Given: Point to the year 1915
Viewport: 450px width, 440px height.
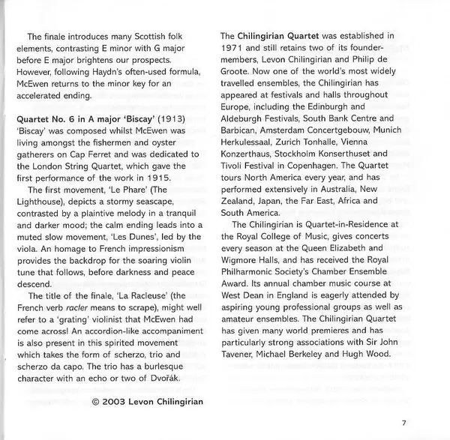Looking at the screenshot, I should (x=157, y=178).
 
